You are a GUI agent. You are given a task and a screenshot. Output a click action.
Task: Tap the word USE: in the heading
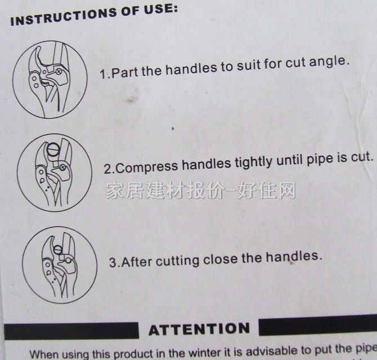tap(161, 9)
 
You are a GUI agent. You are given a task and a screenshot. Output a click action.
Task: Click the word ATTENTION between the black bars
tap(199, 330)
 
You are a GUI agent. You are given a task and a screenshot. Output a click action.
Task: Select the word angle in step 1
tap(329, 61)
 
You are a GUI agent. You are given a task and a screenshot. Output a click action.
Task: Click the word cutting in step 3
tap(177, 261)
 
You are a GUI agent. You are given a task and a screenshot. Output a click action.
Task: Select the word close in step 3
tap(221, 259)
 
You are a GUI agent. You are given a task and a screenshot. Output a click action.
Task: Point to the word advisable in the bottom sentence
tap(272, 351)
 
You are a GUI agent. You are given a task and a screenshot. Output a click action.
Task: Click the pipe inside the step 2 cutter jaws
tap(53, 150)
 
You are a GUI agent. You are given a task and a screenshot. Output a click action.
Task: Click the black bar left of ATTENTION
tap(71, 331)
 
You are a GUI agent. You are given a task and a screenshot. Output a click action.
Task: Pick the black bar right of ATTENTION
tap(318, 326)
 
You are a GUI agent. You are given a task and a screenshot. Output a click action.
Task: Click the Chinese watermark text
tap(200, 191)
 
